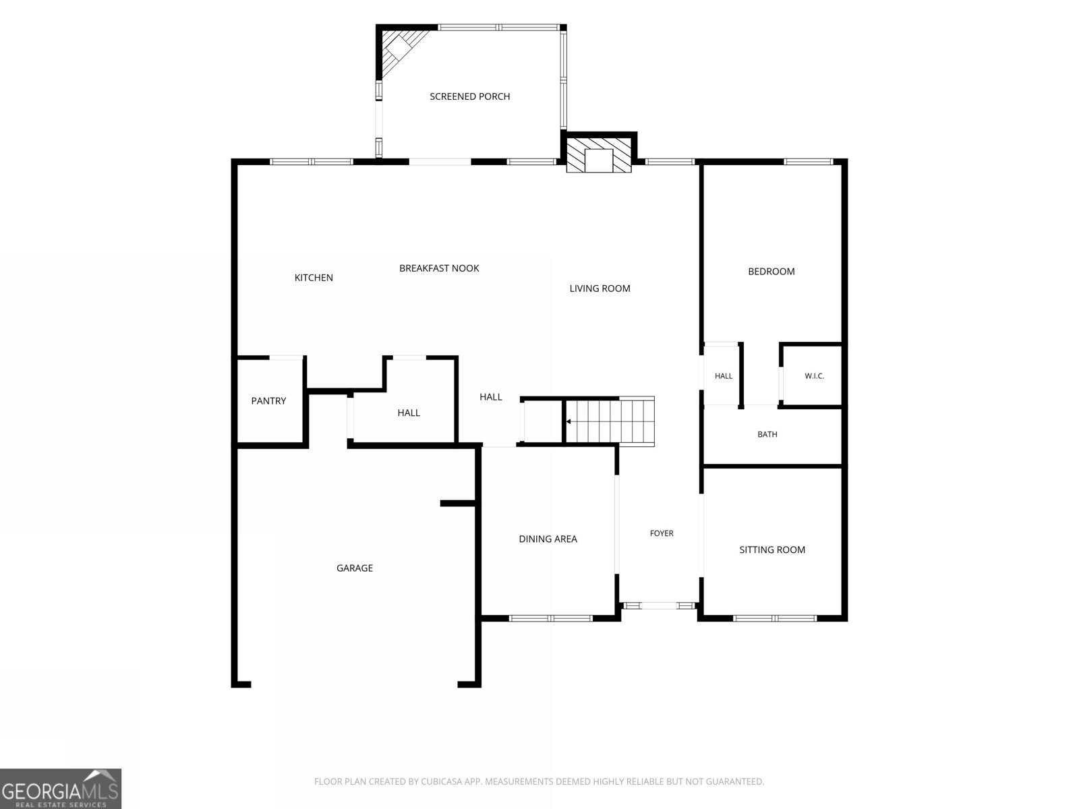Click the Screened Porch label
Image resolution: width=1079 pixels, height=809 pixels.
(469, 96)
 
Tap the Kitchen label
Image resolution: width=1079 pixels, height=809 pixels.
(314, 278)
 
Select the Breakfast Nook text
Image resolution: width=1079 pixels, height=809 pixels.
(439, 268)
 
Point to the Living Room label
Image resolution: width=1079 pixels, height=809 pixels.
(600, 289)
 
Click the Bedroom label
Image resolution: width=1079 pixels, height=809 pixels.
(771, 271)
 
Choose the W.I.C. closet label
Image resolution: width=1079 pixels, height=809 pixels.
(814, 376)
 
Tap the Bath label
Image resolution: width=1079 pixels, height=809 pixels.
(767, 434)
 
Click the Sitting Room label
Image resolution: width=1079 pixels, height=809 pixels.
(772, 549)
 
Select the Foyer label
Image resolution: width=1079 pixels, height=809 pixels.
(662, 533)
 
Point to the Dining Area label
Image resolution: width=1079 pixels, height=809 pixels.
(548, 539)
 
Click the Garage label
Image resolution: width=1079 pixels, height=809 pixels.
(355, 568)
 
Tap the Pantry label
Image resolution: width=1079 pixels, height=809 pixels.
(268, 401)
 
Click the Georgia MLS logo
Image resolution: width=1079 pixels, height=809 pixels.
(61, 788)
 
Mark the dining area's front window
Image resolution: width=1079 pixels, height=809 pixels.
(550, 618)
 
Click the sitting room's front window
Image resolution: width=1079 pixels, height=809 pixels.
(775, 618)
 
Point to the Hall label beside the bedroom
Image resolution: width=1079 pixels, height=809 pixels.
(724, 376)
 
